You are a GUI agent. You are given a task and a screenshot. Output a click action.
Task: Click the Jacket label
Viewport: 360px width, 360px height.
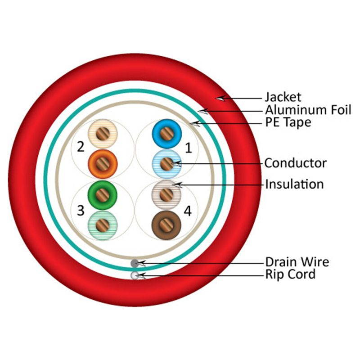coord(283,97)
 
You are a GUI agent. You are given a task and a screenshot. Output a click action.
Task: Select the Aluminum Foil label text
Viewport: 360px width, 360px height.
coord(308,109)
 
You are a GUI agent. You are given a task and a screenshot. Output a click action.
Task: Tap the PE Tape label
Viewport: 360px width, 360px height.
coord(288,122)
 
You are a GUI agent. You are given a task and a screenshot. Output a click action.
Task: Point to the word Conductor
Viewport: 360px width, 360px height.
coord(295,163)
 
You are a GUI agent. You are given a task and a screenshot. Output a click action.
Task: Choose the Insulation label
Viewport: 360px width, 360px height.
coord(294,184)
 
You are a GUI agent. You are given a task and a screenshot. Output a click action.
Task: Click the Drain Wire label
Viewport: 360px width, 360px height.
coord(297,262)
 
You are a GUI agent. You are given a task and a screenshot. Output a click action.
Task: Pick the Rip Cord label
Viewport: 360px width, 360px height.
coord(290,274)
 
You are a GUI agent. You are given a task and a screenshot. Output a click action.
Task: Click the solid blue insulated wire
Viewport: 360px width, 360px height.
coord(166,134)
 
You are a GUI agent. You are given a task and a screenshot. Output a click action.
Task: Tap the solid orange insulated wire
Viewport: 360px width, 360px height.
coord(103,163)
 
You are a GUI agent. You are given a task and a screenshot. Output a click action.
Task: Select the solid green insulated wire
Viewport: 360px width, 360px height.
coord(103,194)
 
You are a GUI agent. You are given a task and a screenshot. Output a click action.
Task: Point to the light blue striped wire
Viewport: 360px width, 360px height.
coord(166,163)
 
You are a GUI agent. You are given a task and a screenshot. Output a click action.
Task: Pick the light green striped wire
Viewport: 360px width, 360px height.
coord(103,224)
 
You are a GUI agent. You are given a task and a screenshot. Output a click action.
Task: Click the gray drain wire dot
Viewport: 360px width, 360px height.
coord(135,263)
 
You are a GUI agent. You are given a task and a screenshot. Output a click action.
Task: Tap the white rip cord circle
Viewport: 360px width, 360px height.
coord(135,275)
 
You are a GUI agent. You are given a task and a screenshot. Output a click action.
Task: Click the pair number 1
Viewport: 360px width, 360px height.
coord(189,147)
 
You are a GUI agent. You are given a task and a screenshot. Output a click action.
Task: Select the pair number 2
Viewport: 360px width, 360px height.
coord(81,147)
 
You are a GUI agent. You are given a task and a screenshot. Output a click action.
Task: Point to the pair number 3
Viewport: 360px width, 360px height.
coord(81,210)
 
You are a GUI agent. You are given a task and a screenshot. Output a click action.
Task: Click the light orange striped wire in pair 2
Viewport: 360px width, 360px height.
coord(103,134)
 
